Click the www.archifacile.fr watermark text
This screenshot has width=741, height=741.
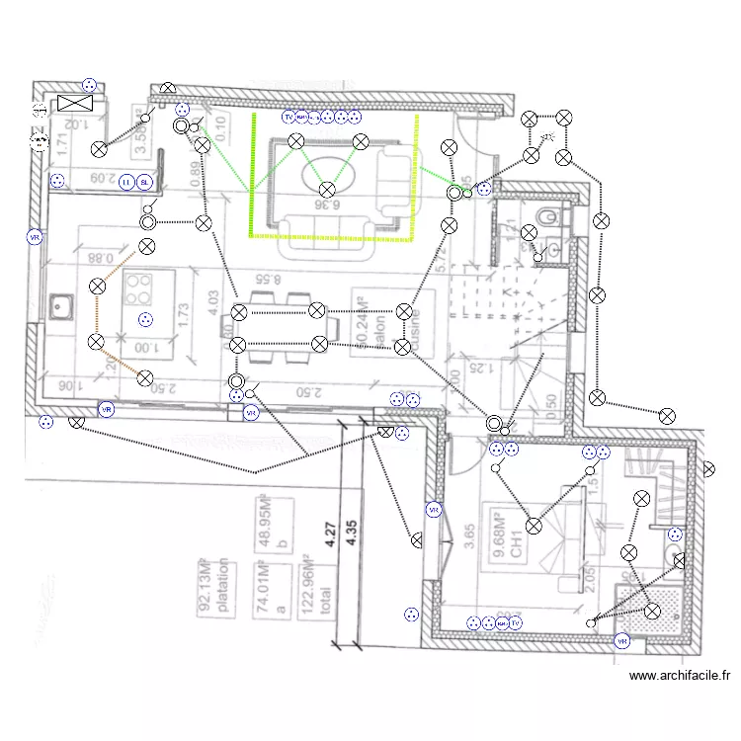(680, 677)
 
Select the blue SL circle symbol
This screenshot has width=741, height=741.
(145, 182)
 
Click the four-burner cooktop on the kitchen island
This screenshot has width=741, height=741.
(138, 288)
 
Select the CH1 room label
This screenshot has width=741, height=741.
(516, 546)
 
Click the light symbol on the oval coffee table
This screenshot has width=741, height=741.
(327, 189)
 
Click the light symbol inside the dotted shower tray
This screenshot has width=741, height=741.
(652, 612)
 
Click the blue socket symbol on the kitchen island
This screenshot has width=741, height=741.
(146, 318)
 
